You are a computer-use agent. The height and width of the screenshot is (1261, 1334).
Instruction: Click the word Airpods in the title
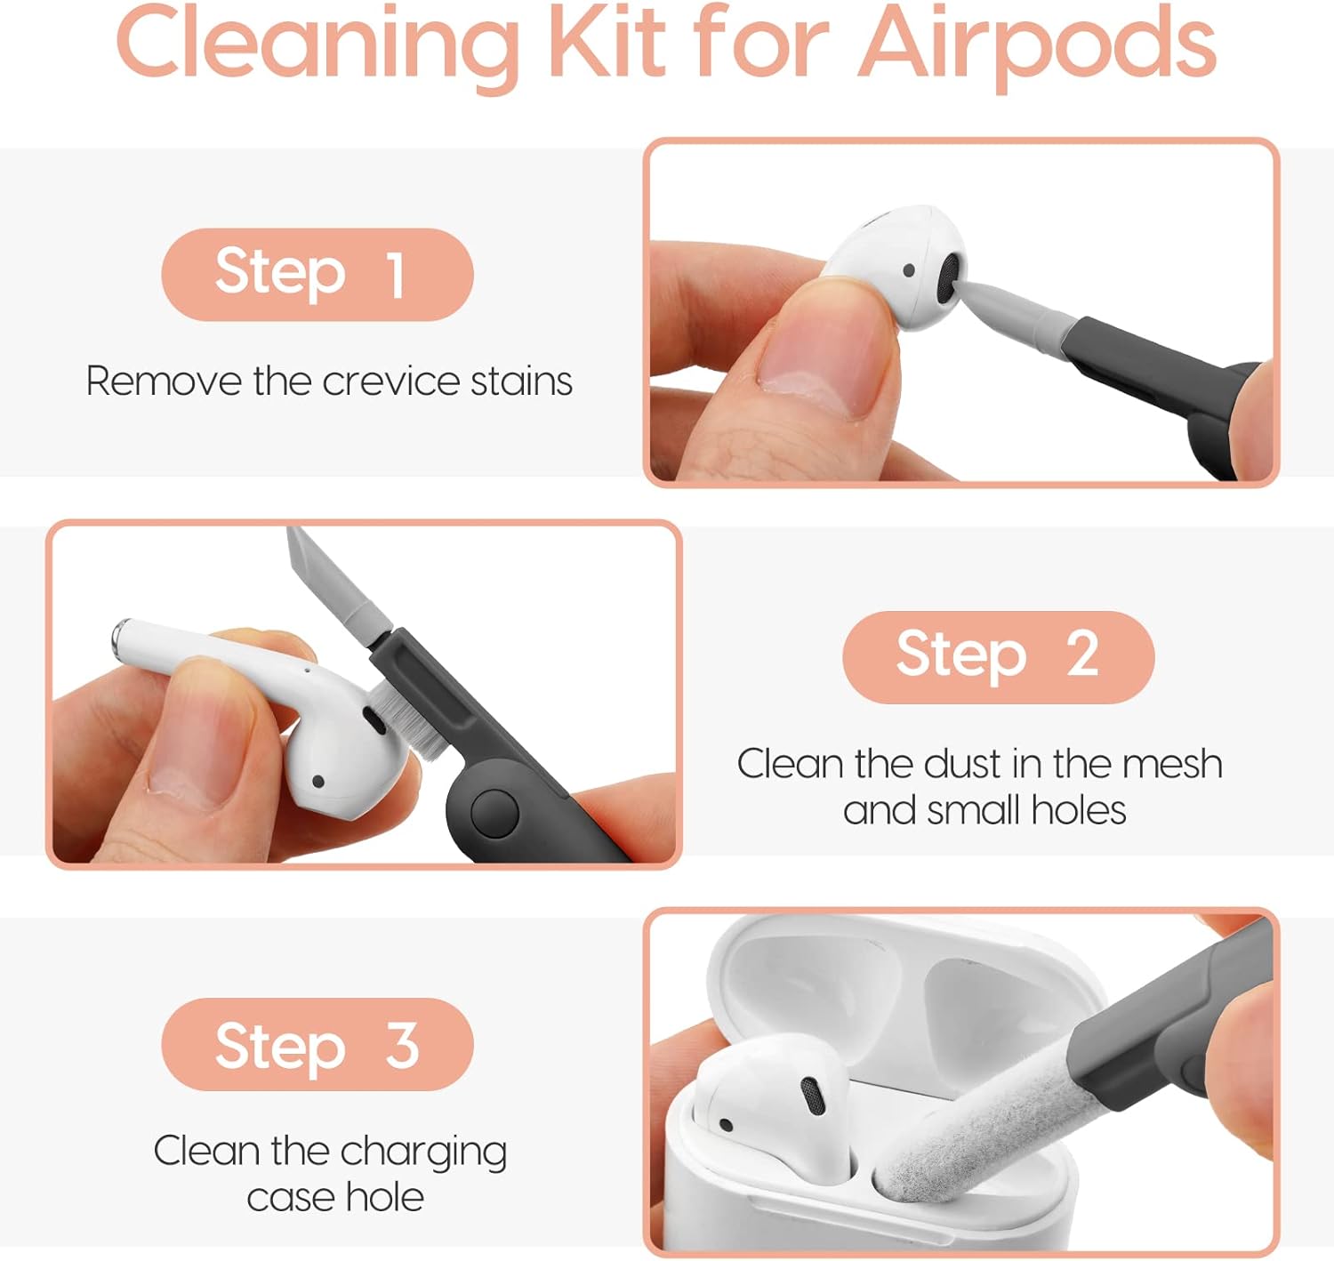click(x=1037, y=45)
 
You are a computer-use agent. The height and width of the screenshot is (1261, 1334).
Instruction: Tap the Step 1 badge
click(x=317, y=274)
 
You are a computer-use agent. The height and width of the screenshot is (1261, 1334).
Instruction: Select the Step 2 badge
click(x=998, y=656)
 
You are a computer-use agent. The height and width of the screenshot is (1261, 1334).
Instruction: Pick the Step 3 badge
click(x=317, y=1045)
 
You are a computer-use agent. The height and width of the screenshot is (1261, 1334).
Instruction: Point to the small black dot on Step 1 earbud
click(x=909, y=270)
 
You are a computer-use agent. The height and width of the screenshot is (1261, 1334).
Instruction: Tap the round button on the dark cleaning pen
click(x=494, y=813)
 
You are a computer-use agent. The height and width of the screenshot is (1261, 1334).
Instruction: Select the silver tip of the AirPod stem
click(x=121, y=636)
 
